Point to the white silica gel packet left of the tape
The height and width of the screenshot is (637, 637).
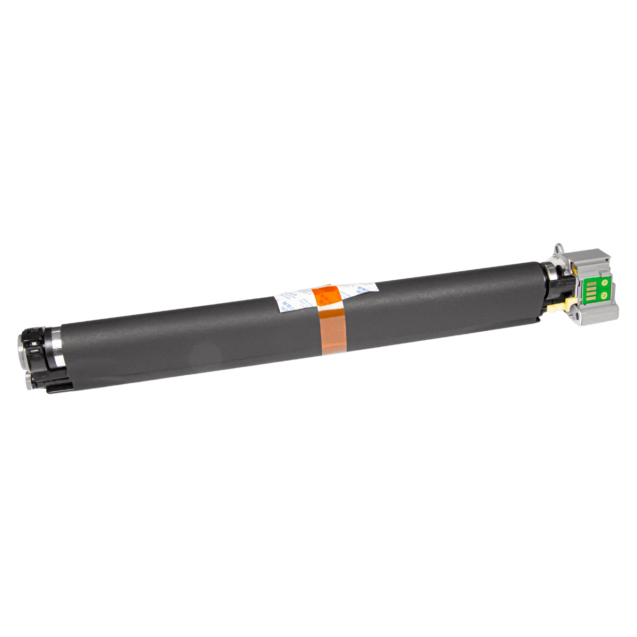pos(295,299)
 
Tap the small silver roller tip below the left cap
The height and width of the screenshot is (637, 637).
pos(28,381)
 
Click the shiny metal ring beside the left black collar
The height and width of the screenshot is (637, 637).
pos(57,348)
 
